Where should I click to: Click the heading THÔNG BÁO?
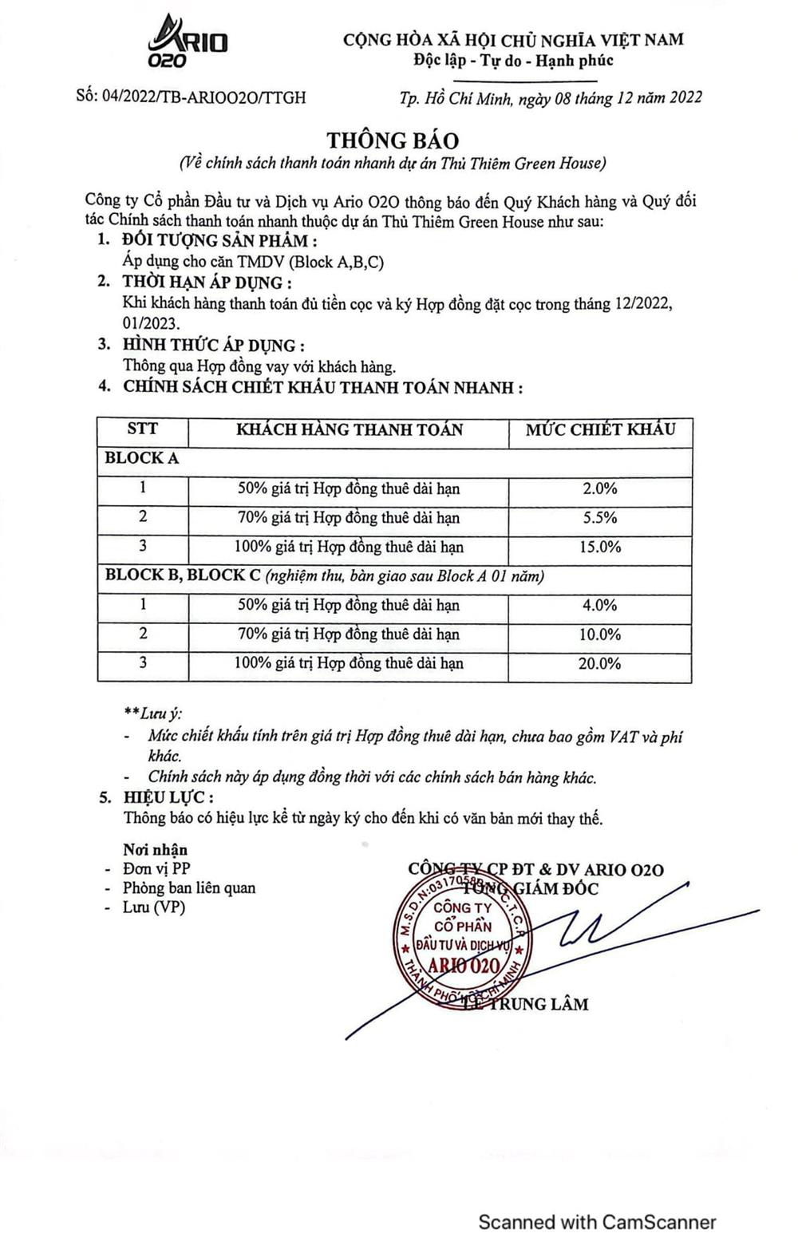point(393,140)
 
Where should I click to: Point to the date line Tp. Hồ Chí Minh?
point(551,97)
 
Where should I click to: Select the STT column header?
point(143,429)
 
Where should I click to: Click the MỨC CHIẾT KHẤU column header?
point(600,429)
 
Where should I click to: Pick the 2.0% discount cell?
point(600,488)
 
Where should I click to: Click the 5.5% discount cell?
point(600,517)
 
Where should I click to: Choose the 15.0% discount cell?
point(600,547)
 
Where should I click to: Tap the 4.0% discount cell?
point(600,605)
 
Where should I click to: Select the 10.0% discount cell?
point(600,634)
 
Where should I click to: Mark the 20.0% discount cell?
point(600,663)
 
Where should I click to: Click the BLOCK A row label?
point(142,459)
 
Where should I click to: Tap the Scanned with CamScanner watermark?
point(597,1221)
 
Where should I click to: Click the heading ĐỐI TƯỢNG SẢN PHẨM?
point(219,241)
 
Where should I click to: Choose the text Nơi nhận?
point(155,849)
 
